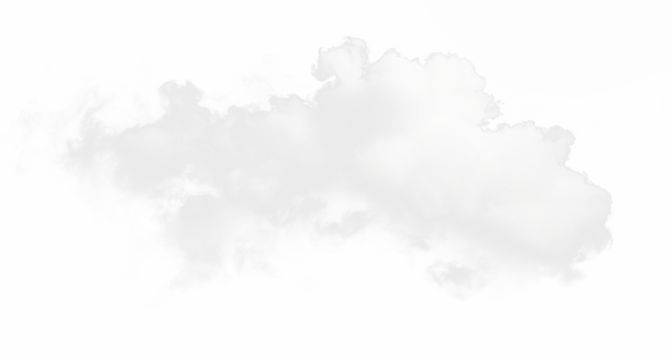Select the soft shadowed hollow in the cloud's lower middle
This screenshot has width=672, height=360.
click(x=330, y=235)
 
